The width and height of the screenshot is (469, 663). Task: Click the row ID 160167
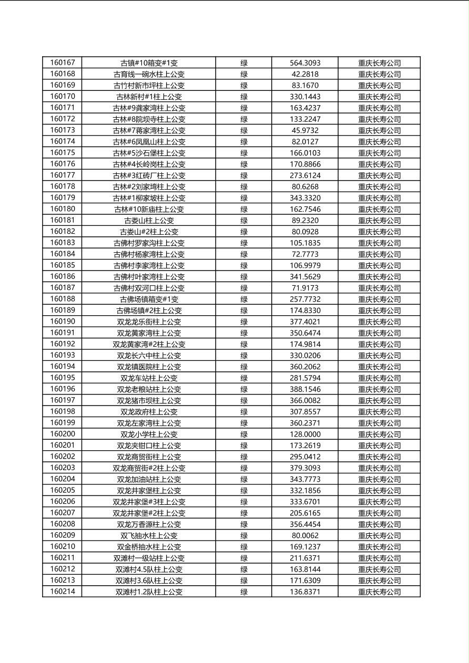tap(63, 63)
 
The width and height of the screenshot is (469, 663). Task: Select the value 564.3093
tap(305, 63)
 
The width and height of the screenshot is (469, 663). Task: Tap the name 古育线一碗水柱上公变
tap(149, 74)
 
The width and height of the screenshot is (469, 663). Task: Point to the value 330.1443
tap(305, 97)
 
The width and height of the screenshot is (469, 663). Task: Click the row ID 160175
tap(63, 153)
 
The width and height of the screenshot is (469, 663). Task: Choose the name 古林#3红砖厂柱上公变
tap(149, 175)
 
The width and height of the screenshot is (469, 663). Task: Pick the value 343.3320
tap(305, 198)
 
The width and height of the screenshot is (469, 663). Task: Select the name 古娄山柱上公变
tap(149, 221)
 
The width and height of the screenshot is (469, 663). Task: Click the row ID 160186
tap(63, 276)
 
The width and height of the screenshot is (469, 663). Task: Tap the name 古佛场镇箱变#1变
tap(149, 299)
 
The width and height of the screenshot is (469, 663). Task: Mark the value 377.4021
tap(305, 322)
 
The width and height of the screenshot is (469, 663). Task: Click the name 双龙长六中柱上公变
tap(149, 356)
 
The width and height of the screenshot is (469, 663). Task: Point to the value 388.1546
tap(305, 389)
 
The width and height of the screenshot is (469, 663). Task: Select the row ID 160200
tap(63, 434)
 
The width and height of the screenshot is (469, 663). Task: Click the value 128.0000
tap(305, 434)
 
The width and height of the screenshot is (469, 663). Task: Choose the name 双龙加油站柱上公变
tap(149, 479)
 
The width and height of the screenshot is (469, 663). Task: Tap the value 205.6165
tap(305, 513)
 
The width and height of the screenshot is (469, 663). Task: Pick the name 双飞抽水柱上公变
tap(149, 535)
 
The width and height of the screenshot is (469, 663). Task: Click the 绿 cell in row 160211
tap(244, 558)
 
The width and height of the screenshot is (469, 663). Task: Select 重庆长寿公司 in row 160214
tap(379, 592)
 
